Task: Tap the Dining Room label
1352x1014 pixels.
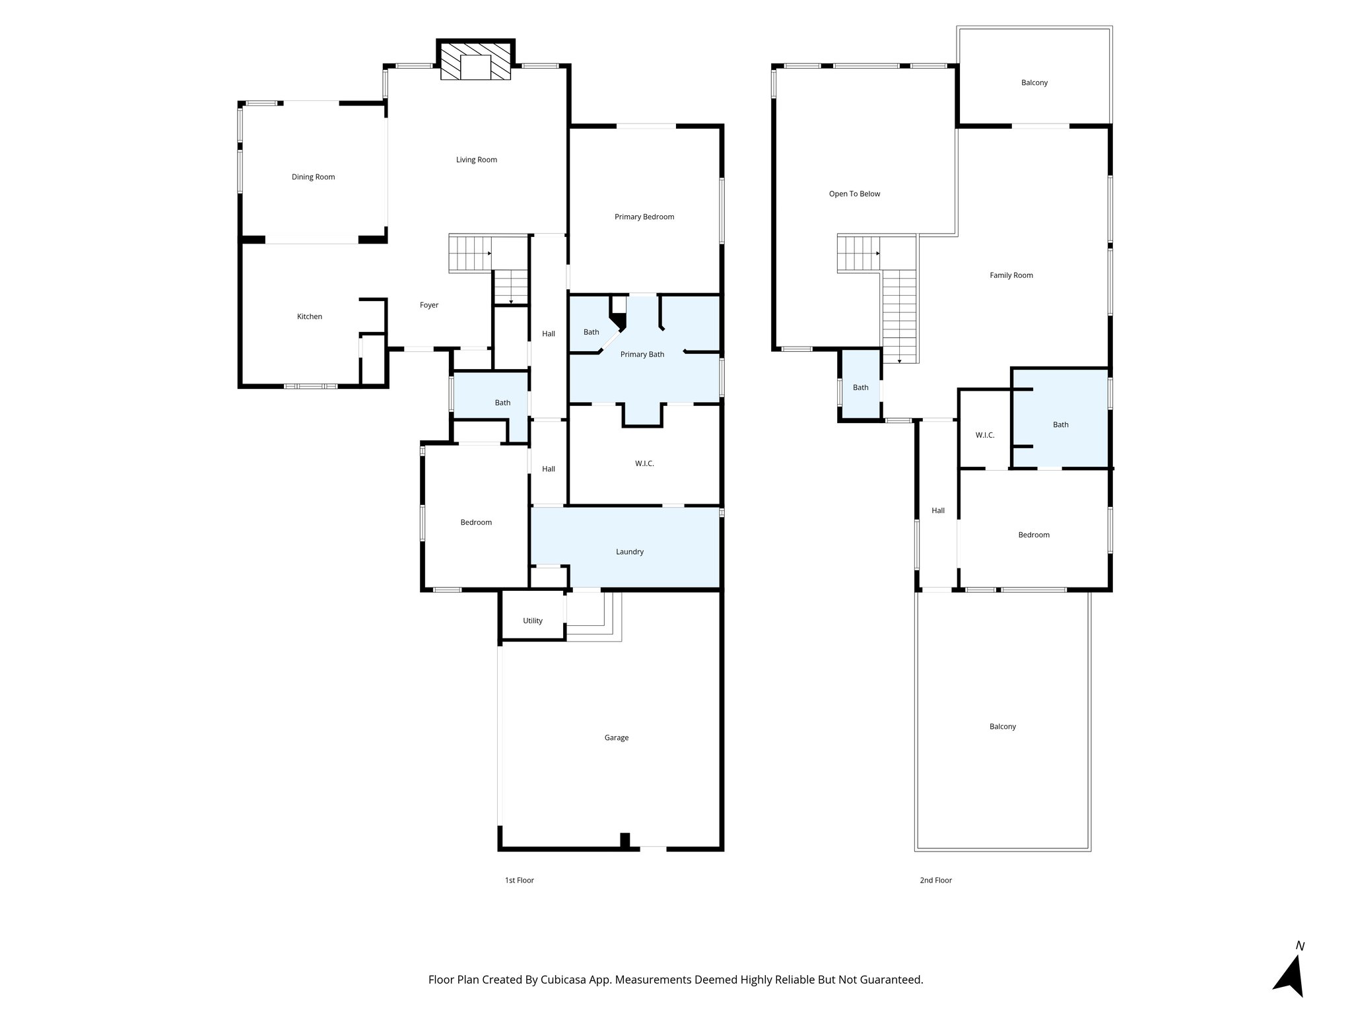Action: [x=313, y=177]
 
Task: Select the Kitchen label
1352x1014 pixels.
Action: [x=309, y=317]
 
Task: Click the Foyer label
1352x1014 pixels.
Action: [x=429, y=305]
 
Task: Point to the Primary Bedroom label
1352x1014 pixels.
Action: [x=644, y=217]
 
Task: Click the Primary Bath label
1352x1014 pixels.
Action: [x=642, y=355]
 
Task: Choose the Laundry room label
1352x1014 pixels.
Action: [x=629, y=552]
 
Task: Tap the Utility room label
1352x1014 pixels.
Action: [x=532, y=621]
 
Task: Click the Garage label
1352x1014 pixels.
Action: [x=616, y=738]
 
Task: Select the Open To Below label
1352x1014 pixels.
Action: [x=854, y=194]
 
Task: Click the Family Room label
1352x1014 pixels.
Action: [x=1011, y=275]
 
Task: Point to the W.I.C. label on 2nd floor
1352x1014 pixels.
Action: [x=984, y=436]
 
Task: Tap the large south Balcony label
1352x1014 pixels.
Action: [x=1002, y=727]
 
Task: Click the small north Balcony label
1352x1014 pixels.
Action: [x=1034, y=83]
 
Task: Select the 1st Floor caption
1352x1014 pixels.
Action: [x=519, y=881]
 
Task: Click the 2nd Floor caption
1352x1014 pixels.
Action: [x=935, y=881]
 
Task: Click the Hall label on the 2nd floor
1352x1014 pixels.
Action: [x=937, y=511]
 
